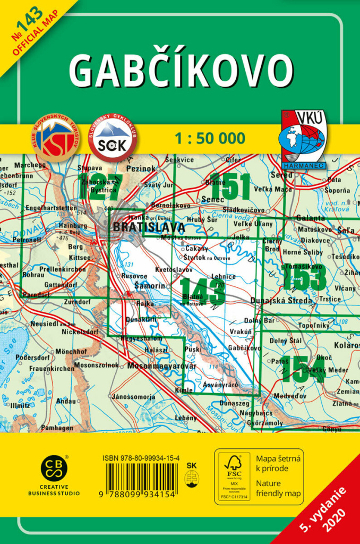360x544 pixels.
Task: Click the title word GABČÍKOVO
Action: click(x=181, y=71)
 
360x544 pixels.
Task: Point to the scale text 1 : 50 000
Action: click(x=210, y=139)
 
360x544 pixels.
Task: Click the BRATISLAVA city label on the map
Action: click(x=149, y=227)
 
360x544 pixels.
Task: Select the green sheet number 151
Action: click(x=229, y=186)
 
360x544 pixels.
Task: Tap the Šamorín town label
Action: click(x=147, y=286)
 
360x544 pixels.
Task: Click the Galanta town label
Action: click(x=311, y=218)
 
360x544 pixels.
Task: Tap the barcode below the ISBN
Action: click(x=142, y=480)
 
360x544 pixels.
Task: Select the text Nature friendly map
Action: click(x=279, y=489)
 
